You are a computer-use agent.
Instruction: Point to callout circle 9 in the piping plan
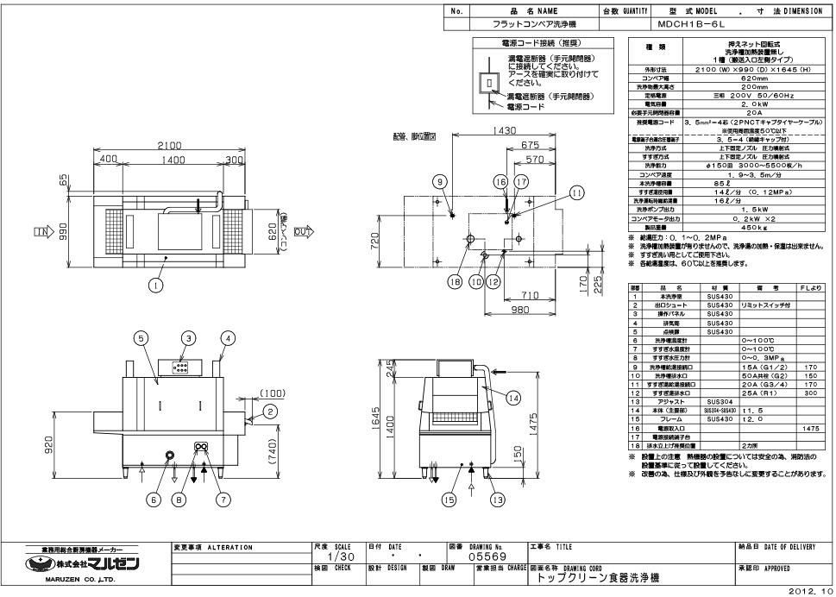coord(439,181)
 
